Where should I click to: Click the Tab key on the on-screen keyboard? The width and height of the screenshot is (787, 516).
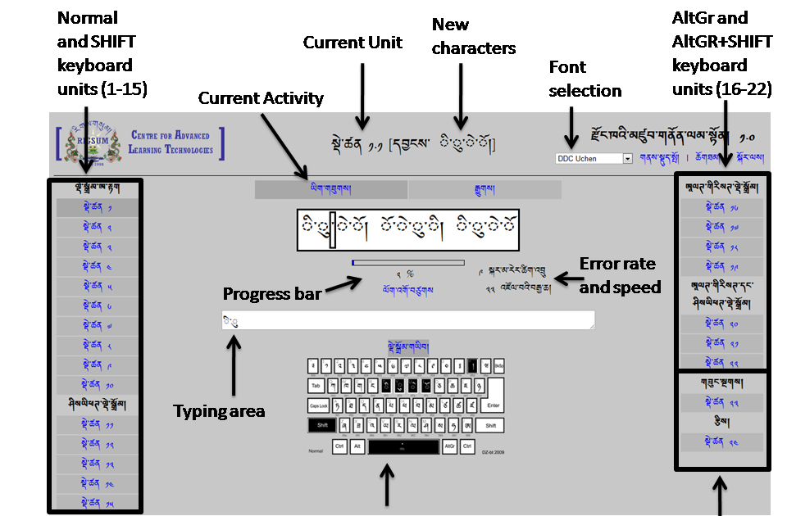pos(316,385)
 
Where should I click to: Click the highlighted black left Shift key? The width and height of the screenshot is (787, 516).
pos(321,425)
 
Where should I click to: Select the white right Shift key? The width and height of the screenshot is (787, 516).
pos(490,425)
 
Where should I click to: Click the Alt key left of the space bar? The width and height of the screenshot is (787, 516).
pos(357,446)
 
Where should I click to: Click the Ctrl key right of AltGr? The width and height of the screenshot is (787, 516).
pos(466,446)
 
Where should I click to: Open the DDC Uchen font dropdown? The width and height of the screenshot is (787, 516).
pos(594,158)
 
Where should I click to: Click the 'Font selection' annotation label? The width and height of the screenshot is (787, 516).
pos(585,79)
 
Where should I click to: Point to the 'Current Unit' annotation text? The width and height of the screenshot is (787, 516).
pos(353,43)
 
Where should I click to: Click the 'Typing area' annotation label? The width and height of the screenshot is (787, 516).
pos(219,411)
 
